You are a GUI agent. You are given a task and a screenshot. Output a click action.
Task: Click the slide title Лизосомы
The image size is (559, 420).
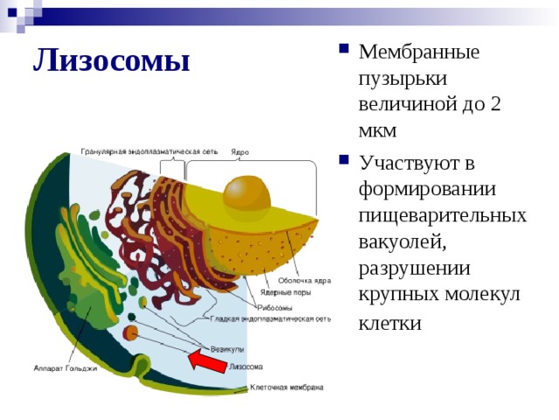tap(112, 60)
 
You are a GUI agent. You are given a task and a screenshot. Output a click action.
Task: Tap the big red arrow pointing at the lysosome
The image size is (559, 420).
tap(208, 360)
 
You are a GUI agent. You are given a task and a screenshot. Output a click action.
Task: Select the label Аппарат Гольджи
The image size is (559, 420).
tap(66, 368)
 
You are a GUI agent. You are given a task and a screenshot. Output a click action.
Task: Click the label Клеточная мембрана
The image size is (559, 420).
tap(286, 388)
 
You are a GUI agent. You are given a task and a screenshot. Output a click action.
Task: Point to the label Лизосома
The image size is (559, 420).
tap(245, 367)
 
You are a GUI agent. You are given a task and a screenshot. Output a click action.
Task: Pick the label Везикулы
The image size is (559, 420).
tap(227, 349)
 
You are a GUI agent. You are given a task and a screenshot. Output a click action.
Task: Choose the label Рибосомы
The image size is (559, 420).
tap(274, 308)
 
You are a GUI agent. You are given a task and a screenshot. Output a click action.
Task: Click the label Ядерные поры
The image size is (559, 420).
tap(286, 292)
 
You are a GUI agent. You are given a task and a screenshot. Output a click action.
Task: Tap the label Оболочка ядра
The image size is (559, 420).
tap(305, 281)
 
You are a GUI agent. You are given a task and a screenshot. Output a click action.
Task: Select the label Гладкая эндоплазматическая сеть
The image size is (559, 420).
tap(270, 318)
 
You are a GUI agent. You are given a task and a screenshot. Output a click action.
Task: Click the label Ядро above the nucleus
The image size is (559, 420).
tap(239, 152)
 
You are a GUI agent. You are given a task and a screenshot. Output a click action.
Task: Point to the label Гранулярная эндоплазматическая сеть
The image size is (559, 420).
tap(149, 151)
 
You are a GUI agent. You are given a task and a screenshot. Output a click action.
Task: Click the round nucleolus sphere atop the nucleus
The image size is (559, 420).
tap(246, 193)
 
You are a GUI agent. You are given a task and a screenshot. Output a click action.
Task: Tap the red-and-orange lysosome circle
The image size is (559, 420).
tap(130, 332)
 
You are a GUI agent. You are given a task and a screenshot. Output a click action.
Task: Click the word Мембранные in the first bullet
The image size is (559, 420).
tap(419, 52)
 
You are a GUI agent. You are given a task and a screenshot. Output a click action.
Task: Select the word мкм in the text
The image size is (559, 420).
tap(377, 131)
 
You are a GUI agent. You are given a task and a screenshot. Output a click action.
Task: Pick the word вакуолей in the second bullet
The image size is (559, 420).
tap(403, 242)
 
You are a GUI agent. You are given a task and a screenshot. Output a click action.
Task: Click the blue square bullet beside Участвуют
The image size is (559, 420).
tap(343, 159)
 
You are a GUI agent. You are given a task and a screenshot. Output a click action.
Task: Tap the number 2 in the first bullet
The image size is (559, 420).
tap(495, 105)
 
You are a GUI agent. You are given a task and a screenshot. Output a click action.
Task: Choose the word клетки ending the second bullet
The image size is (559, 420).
tap(390, 324)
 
